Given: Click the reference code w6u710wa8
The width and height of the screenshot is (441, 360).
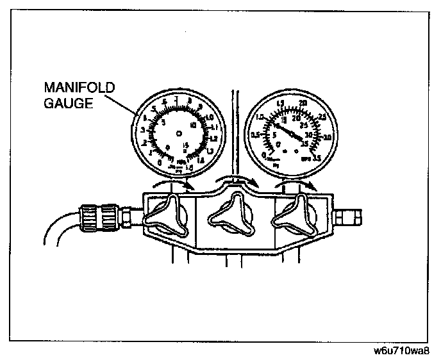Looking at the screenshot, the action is click(401, 352).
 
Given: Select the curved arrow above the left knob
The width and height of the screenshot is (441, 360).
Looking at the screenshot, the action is click(176, 184).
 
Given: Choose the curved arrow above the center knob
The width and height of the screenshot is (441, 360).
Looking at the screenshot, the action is click(233, 180).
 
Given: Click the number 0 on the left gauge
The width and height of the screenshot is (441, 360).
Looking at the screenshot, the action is click(160, 162).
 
